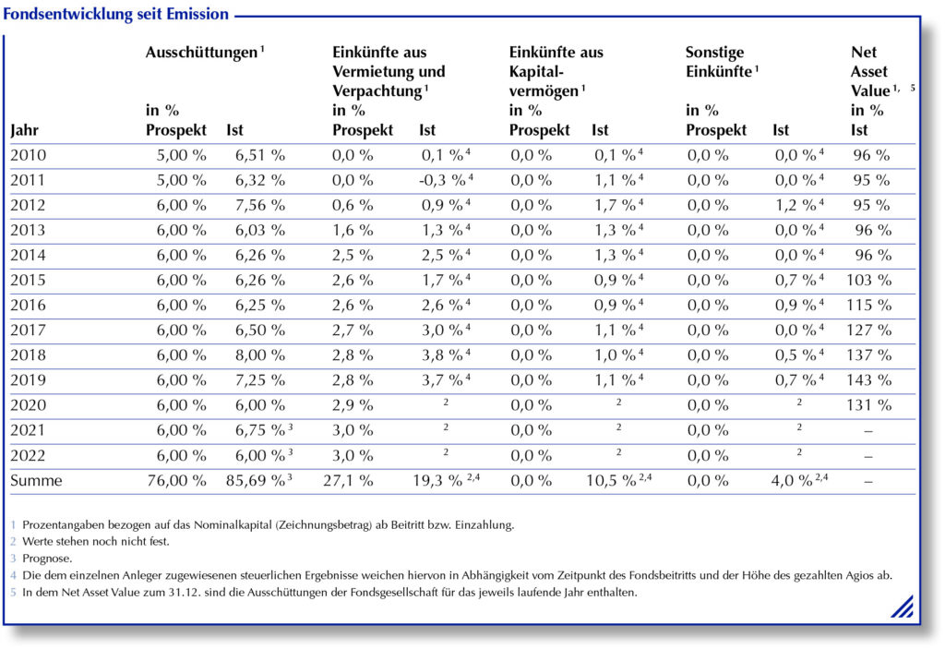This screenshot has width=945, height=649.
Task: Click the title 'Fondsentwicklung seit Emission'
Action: [115, 14]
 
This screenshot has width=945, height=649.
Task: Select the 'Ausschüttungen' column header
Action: [201, 53]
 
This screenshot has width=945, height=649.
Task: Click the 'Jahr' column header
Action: [25, 130]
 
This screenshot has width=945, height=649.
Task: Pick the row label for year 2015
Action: [29, 281]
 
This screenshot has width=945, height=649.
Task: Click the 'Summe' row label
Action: [36, 481]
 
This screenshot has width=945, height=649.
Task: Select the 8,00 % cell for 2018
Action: [259, 355]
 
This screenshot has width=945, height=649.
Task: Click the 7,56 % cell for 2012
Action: [259, 205]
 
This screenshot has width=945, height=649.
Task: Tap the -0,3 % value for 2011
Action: [442, 180]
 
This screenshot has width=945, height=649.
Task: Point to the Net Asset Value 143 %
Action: [868, 380]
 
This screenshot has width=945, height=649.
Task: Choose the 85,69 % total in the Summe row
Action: [256, 481]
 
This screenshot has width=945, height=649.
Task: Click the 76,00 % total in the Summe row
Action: [176, 481]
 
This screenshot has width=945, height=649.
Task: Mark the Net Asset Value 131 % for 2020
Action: [868, 405]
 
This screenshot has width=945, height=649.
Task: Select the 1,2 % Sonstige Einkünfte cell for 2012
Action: [795, 205]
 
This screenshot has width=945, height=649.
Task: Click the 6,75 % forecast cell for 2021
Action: [259, 430]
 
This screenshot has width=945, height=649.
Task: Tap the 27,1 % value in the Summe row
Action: [348, 481]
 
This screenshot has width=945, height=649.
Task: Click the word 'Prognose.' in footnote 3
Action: [47, 559]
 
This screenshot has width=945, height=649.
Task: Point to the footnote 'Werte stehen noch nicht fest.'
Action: [96, 542]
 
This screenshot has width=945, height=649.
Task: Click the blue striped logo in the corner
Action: [903, 607]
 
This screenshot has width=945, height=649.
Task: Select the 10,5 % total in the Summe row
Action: [611, 481]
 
